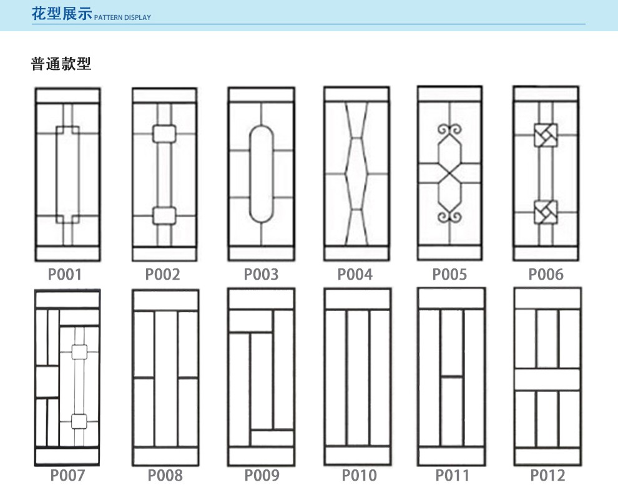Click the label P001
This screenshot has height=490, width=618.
tap(65, 274)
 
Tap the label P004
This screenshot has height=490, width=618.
tap(355, 274)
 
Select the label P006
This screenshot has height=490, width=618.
tap(546, 274)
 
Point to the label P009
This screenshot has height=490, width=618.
tap(262, 475)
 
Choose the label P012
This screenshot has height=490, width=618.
tap(547, 475)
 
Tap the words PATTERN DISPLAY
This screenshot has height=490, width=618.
tap(122, 17)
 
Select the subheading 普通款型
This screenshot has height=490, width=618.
tap(61, 64)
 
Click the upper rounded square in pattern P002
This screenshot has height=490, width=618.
tap(164, 134)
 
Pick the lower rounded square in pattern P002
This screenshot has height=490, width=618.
tap(164, 215)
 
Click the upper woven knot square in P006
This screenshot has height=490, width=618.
tap(546, 135)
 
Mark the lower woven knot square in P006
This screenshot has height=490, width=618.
tap(546, 212)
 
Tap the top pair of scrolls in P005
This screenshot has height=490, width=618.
tap(449, 130)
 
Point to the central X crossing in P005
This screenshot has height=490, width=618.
tap(449, 174)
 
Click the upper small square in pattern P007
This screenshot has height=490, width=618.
tap(79, 352)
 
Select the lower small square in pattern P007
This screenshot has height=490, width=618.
tap(79, 421)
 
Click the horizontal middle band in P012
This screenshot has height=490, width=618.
tap(547, 380)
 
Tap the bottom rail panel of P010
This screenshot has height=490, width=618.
tap(358, 456)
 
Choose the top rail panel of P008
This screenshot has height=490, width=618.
tap(165, 301)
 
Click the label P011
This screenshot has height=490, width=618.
tap(452, 475)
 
